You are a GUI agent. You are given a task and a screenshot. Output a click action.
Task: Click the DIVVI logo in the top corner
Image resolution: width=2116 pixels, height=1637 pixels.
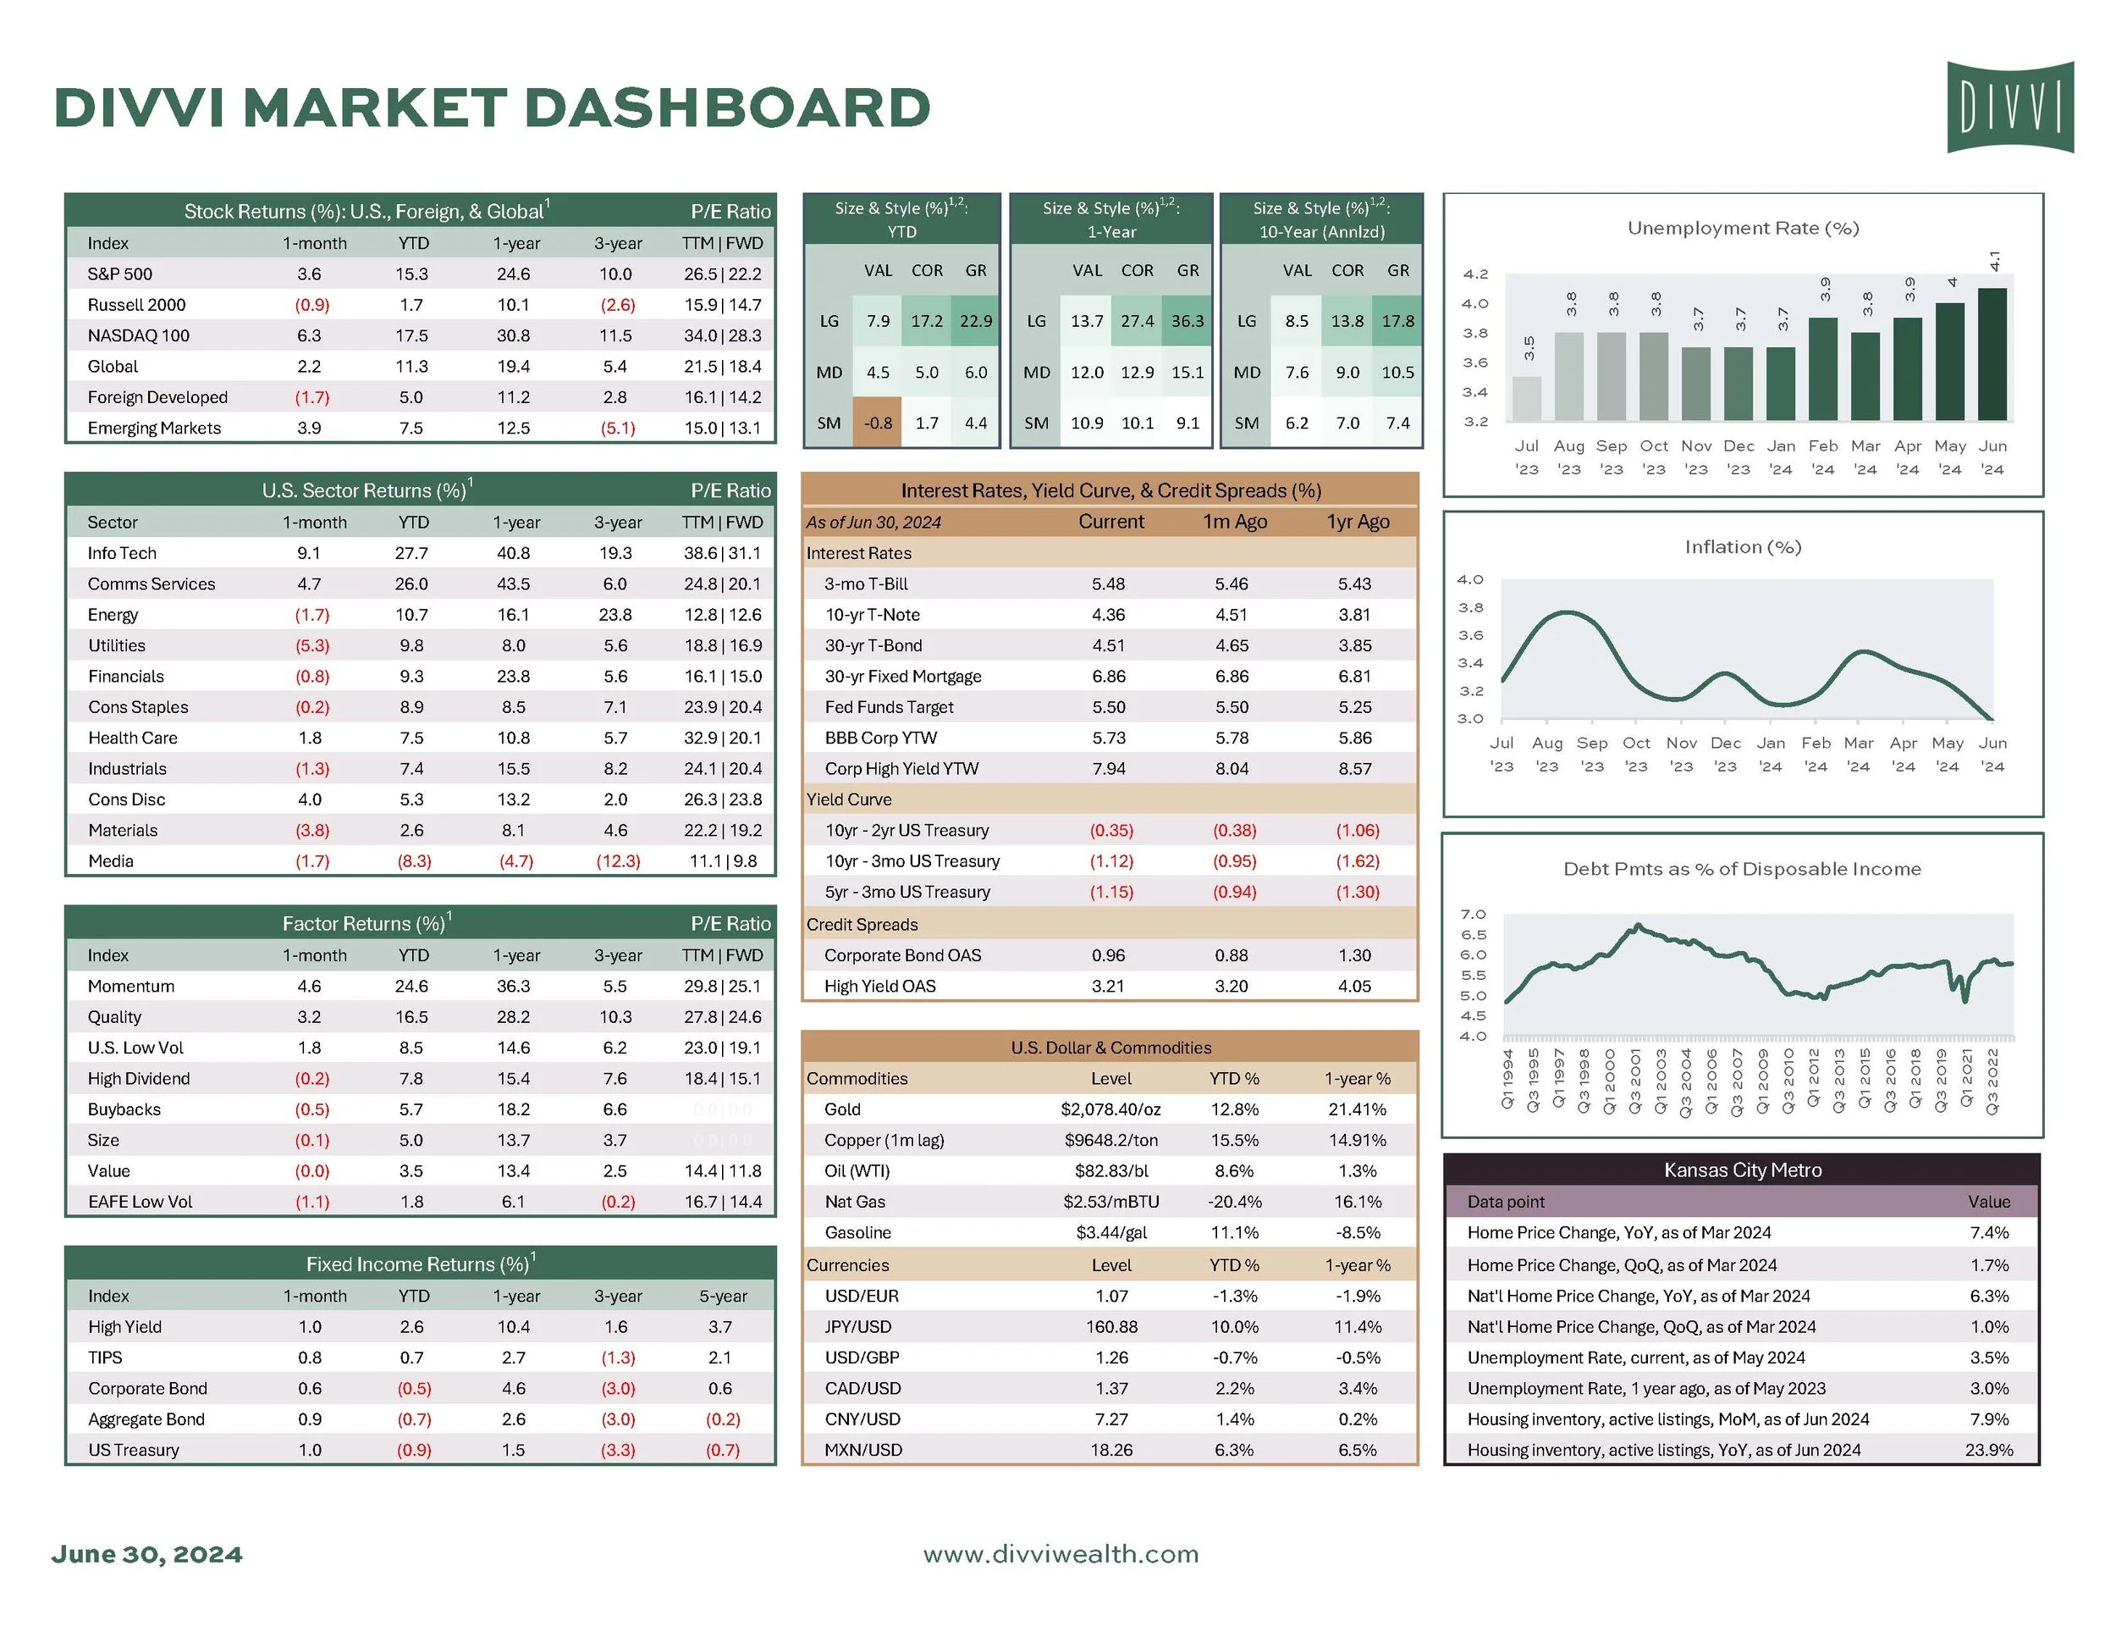pyautogui.click(x=2009, y=107)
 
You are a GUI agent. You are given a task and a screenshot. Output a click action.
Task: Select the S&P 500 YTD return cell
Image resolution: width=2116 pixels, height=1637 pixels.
pyautogui.click(x=411, y=274)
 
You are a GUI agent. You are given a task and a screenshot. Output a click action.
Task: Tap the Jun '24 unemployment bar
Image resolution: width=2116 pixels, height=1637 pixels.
pyautogui.click(x=1992, y=354)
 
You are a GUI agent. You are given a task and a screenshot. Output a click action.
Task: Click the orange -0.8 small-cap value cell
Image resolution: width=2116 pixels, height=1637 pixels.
pyautogui.click(x=878, y=423)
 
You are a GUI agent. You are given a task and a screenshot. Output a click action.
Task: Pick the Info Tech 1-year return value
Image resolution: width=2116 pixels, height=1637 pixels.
pyautogui.click(x=514, y=553)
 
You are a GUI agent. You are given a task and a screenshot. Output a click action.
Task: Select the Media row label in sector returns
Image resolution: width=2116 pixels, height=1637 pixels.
pyautogui.click(x=112, y=861)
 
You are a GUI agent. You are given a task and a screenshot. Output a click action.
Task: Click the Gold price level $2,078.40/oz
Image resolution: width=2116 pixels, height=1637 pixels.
pyautogui.click(x=1110, y=1109)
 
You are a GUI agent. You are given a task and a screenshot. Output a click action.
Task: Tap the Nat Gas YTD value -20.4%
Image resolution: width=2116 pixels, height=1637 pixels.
pyautogui.click(x=1234, y=1202)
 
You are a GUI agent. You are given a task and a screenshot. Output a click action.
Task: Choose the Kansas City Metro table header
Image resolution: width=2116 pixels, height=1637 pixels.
pyautogui.click(x=1742, y=1170)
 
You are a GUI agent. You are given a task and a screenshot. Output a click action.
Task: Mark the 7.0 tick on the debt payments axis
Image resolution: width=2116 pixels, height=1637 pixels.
pyautogui.click(x=1473, y=915)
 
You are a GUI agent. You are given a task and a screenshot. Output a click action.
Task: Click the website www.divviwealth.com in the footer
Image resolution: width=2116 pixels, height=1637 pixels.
pyautogui.click(x=1061, y=1555)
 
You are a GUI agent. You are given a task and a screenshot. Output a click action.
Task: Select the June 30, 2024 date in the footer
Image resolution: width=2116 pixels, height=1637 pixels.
pyautogui.click(x=147, y=1555)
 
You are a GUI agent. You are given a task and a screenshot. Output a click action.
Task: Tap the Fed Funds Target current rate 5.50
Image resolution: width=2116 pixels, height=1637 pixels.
pyautogui.click(x=1110, y=707)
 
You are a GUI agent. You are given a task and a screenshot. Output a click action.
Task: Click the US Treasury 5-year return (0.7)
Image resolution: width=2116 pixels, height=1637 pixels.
pyautogui.click(x=723, y=1450)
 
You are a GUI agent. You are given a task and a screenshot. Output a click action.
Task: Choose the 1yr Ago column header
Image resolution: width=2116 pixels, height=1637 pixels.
pyautogui.click(x=1358, y=523)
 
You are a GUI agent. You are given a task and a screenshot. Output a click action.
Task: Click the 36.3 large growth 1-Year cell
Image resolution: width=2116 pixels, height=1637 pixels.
pyautogui.click(x=1187, y=321)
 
